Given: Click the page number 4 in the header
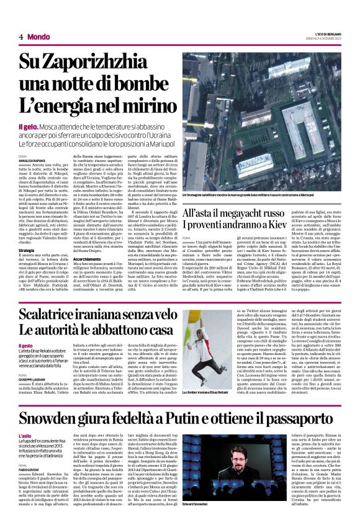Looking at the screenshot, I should [x=20, y=37].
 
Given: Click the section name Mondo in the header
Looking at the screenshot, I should [x=39, y=37].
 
